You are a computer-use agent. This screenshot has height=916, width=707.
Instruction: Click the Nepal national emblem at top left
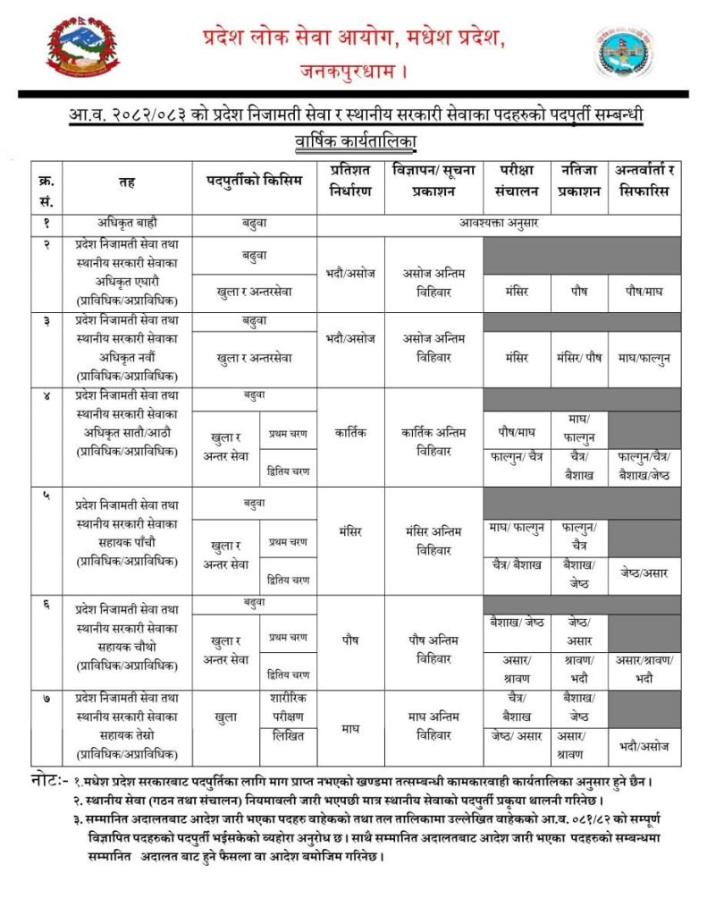pos(80,48)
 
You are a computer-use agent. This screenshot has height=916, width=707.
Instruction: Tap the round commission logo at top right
pos(626,51)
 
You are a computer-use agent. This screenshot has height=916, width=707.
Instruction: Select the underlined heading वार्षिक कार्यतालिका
pos(357,141)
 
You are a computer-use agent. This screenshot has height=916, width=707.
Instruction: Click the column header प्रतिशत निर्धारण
pos(350,180)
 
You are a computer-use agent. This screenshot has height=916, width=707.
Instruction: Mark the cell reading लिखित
pos(288,737)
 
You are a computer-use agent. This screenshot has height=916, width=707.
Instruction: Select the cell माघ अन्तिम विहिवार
pos(433,727)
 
